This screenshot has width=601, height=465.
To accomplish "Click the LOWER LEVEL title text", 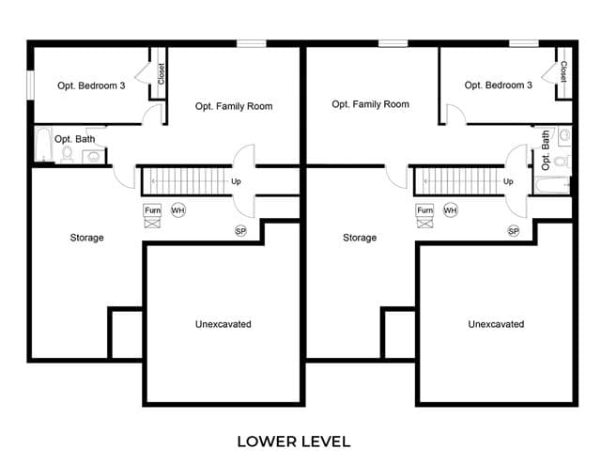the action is coord(294,442).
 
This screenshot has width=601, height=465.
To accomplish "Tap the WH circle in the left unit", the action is coord(177,210).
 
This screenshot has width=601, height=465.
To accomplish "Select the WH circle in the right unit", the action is coord(451,210).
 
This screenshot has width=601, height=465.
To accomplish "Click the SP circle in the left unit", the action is coord(240,231).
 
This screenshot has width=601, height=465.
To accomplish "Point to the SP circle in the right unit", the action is coord(514,231).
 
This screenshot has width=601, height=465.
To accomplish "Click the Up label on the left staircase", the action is coord(236,181).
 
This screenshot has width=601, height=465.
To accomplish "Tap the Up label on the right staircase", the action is coord(508,181).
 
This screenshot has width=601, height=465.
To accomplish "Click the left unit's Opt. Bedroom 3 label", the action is coord(91,85).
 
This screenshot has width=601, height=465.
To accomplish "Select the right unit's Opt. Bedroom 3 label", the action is coord(499,85).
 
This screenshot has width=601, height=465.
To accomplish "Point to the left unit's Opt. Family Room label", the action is coord(234,106).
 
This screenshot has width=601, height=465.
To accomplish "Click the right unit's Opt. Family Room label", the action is coord(371,104).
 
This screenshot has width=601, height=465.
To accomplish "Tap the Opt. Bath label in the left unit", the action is coord(75,139).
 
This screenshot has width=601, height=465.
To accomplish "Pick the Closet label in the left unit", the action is coord(162,73).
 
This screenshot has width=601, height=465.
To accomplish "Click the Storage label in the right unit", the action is coord(360,238).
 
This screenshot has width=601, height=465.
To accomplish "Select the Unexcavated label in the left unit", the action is coord(223,324).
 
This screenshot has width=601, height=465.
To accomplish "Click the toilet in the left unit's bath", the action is coord(67,154).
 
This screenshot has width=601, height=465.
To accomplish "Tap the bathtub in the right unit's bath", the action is coord(551,186).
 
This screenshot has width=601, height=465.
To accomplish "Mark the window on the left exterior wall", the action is coord(30,85).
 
